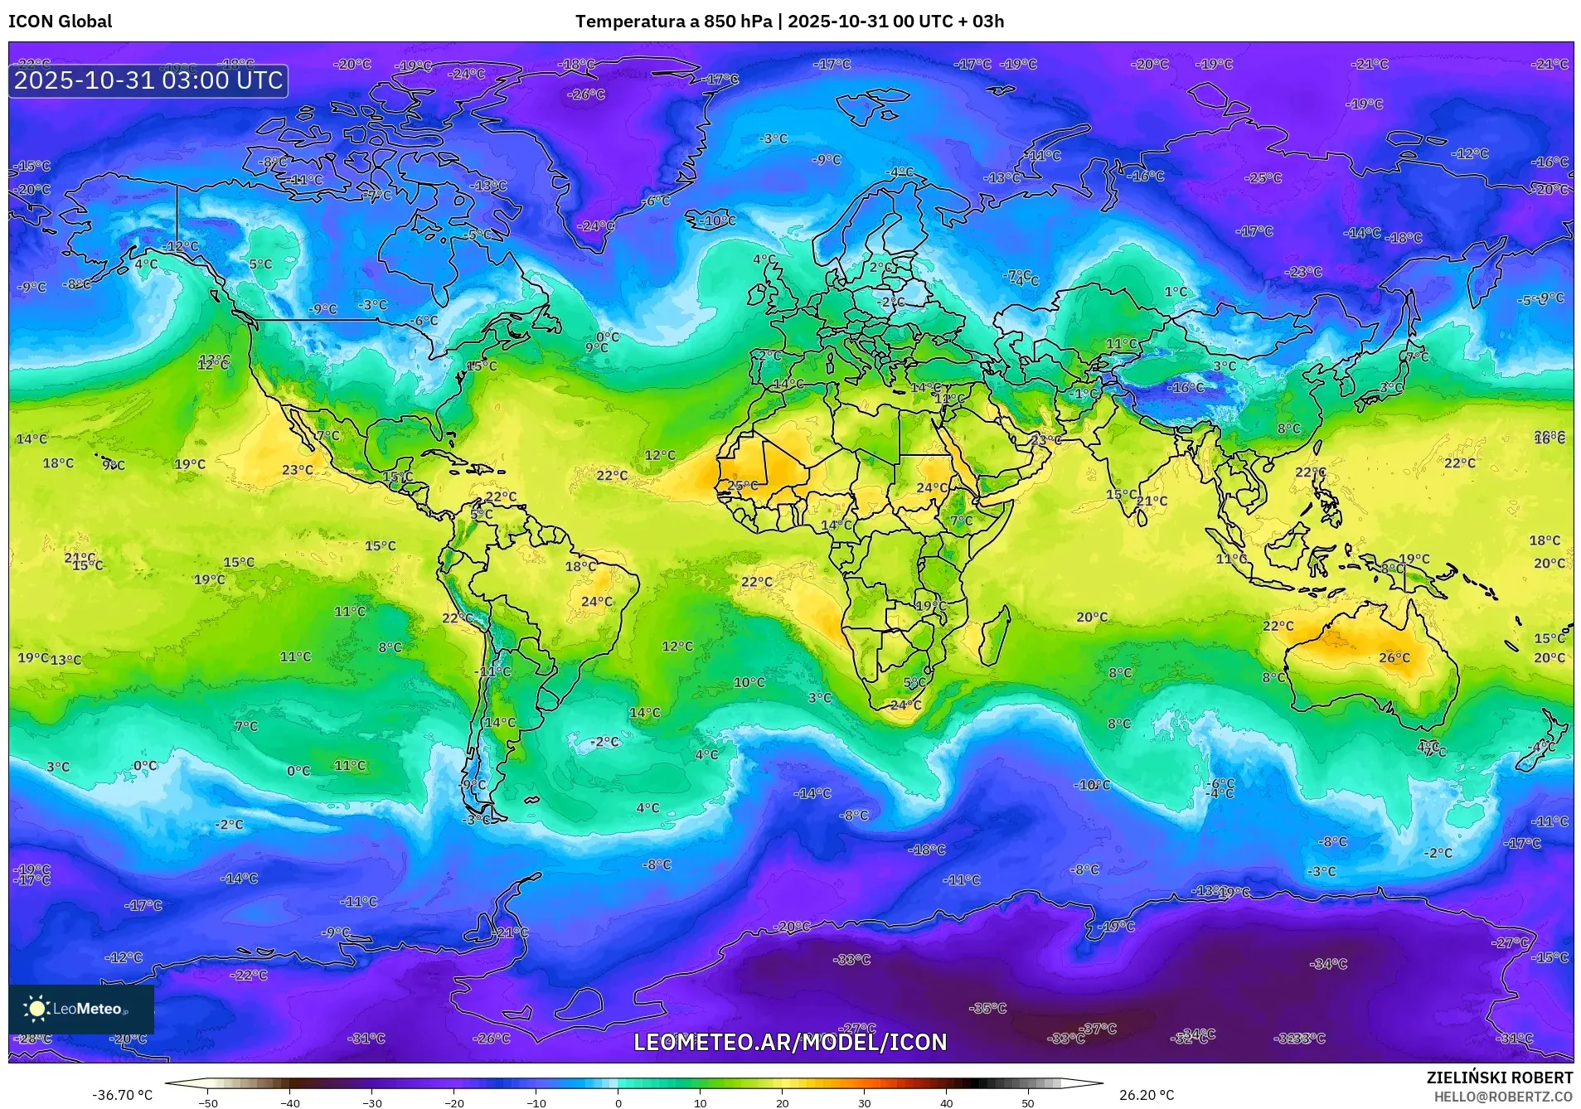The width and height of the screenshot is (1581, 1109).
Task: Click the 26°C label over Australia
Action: pyautogui.click(x=1394, y=657)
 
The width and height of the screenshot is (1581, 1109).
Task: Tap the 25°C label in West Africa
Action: pyautogui.click(x=742, y=486)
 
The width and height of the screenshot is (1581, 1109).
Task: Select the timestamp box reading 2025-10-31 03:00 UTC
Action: pyautogui.click(x=148, y=80)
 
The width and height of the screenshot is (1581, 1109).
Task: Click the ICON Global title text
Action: pyautogui.click(x=60, y=22)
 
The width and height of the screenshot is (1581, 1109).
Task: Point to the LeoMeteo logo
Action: pyautogui.click(x=81, y=1009)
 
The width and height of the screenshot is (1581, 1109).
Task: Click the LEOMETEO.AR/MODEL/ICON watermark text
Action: pyautogui.click(x=789, y=1042)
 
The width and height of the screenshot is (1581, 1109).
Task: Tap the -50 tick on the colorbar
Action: pyautogui.click(x=208, y=1102)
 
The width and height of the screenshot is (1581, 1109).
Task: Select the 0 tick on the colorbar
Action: pyautogui.click(x=618, y=1102)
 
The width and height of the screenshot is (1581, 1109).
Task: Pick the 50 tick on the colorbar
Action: pyautogui.click(x=1027, y=1102)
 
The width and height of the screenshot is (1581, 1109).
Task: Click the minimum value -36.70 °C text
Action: pyautogui.click(x=122, y=1095)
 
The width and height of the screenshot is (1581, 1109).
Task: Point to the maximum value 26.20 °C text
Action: pyautogui.click(x=1146, y=1095)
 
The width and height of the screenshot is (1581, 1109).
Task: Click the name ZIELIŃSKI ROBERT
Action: pyautogui.click(x=1499, y=1078)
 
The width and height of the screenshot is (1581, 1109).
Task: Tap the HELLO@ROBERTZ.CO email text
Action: pyautogui.click(x=1503, y=1097)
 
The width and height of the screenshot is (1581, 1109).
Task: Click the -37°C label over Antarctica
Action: pyautogui.click(x=1100, y=1029)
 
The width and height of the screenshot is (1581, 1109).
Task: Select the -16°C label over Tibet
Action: pyautogui.click(x=1186, y=387)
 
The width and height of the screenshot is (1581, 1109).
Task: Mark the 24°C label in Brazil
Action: pyautogui.click(x=596, y=602)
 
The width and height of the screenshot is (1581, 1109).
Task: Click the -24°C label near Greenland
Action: pyautogui.click(x=597, y=225)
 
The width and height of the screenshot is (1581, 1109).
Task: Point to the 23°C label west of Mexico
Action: pyautogui.click(x=297, y=470)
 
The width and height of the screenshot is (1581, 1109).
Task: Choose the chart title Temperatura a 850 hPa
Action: pyautogui.click(x=674, y=22)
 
